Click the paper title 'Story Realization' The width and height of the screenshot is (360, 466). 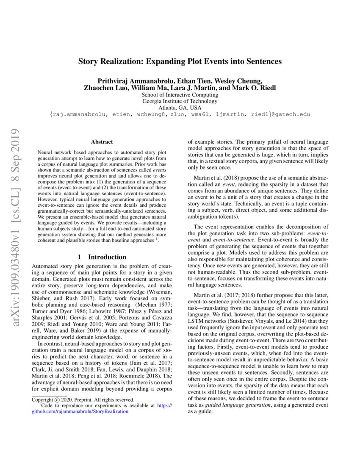tap(180, 61)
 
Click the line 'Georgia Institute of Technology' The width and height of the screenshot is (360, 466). tap(180, 101)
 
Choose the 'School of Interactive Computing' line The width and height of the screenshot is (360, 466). tap(180, 95)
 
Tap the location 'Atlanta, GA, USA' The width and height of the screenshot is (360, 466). tap(180, 108)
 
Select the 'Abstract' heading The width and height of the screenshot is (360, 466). tap(102, 142)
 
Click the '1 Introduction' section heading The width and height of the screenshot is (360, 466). tap(102, 257)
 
